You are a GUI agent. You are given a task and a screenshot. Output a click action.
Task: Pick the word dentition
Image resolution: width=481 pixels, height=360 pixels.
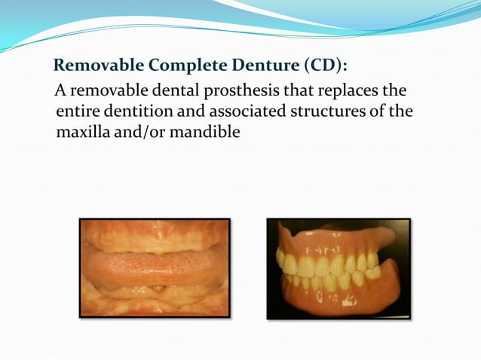136,113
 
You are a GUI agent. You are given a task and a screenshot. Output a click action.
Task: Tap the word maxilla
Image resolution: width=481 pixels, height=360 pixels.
83,133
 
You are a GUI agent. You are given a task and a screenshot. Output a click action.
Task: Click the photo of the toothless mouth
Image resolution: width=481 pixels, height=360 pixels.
155,267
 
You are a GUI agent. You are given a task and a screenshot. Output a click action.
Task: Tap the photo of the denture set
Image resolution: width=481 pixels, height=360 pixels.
339,269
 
